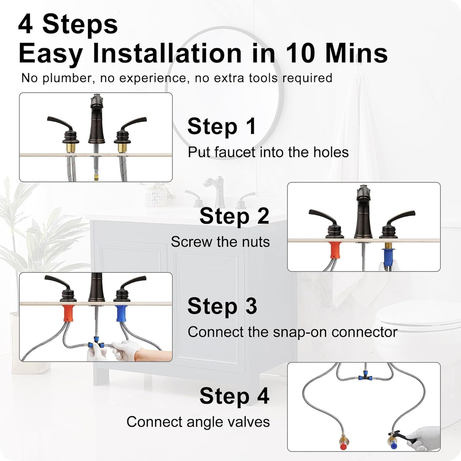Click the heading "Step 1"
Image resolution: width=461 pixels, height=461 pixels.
(x=221, y=127)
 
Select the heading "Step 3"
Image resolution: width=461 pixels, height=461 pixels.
(x=222, y=306)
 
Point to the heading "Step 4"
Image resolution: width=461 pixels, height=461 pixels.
(x=234, y=396)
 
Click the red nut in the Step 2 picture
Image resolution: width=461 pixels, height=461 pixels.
(x=334, y=250)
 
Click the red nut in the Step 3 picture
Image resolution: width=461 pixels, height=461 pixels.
(x=68, y=313)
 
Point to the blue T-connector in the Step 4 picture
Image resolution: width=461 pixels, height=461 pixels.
(x=364, y=376)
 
